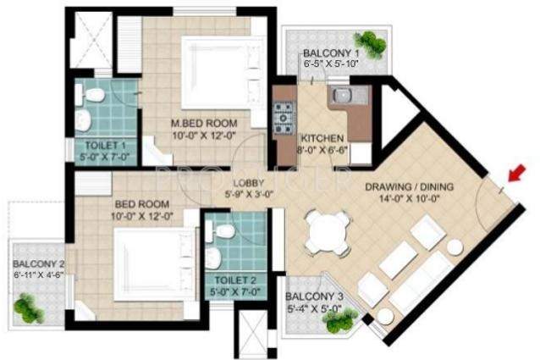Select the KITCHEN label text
(322, 138)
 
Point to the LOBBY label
(249, 181)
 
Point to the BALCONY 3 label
(314, 296)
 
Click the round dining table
(328, 230)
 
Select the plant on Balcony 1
(370, 42)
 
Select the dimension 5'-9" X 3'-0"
(249, 192)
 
